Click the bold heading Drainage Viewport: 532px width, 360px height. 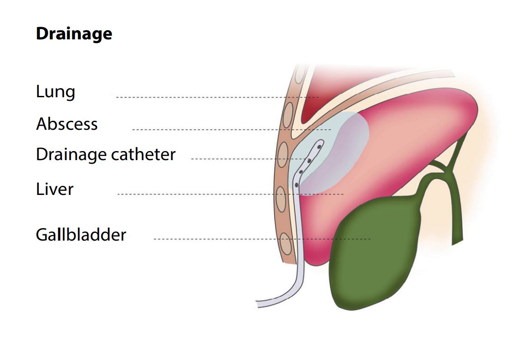pyautogui.click(x=74, y=34)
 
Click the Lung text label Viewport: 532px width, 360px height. pyautogui.click(x=55, y=92)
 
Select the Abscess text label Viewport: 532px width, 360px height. pyautogui.click(x=66, y=124)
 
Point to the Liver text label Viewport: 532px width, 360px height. pyautogui.click(x=54, y=189)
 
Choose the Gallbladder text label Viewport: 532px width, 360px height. pyautogui.click(x=80, y=235)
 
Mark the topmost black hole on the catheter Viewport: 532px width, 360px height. pyautogui.click(x=319, y=147)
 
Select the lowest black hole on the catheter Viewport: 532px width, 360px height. pyautogui.click(x=297, y=185)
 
